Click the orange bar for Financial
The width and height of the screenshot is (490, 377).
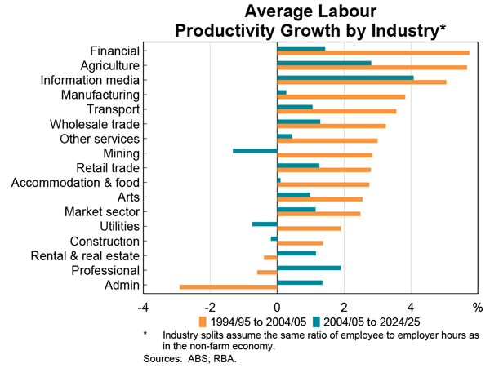tap(373, 53)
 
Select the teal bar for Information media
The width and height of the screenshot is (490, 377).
tap(345, 78)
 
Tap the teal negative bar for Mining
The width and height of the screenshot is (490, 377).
tap(255, 151)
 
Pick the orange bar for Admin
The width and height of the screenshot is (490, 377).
tap(229, 286)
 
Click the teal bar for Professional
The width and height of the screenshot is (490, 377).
tap(309, 268)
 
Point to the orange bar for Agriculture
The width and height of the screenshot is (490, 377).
tap(372, 68)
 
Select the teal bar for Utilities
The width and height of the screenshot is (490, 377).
tap(265, 224)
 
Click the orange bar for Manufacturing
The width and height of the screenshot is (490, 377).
tap(341, 96)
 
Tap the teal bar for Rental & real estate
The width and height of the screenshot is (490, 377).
tap(296, 253)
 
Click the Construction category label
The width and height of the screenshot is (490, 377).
tap(105, 242)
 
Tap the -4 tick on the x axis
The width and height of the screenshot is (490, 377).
tap(142, 308)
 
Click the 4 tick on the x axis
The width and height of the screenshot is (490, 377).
tap(412, 308)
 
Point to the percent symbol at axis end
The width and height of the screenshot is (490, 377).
tap(478, 308)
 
